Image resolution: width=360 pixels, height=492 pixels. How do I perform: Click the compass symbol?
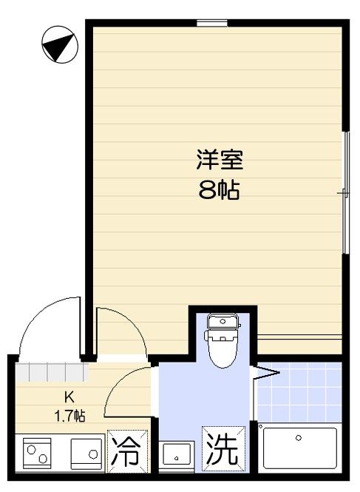point(60,44)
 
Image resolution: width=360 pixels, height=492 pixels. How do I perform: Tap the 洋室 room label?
point(220,160)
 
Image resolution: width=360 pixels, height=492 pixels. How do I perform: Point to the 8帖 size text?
point(220,190)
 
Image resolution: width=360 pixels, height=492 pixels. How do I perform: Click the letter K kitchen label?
point(69,397)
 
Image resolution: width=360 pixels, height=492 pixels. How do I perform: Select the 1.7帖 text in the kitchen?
point(69,416)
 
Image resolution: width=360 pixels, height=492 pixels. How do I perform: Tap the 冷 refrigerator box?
point(127,451)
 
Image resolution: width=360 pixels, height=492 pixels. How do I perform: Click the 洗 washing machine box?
point(223,448)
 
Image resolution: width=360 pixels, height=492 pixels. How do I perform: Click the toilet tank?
point(223,321)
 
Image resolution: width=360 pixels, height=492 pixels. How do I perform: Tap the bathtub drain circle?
point(298,437)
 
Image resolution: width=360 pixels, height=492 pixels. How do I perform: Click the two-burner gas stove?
point(37,454)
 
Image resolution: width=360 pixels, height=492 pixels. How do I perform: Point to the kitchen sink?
point(86,454)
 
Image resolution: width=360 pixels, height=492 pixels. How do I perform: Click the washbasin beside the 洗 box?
point(177,455)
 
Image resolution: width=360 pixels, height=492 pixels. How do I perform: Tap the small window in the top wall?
point(211,23)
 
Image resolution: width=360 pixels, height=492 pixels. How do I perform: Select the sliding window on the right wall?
point(345,192)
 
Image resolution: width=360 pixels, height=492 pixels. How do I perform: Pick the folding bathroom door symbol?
point(265,373)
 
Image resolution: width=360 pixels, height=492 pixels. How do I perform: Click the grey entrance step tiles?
point(52,372)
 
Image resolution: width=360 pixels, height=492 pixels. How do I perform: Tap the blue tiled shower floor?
point(299,392)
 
